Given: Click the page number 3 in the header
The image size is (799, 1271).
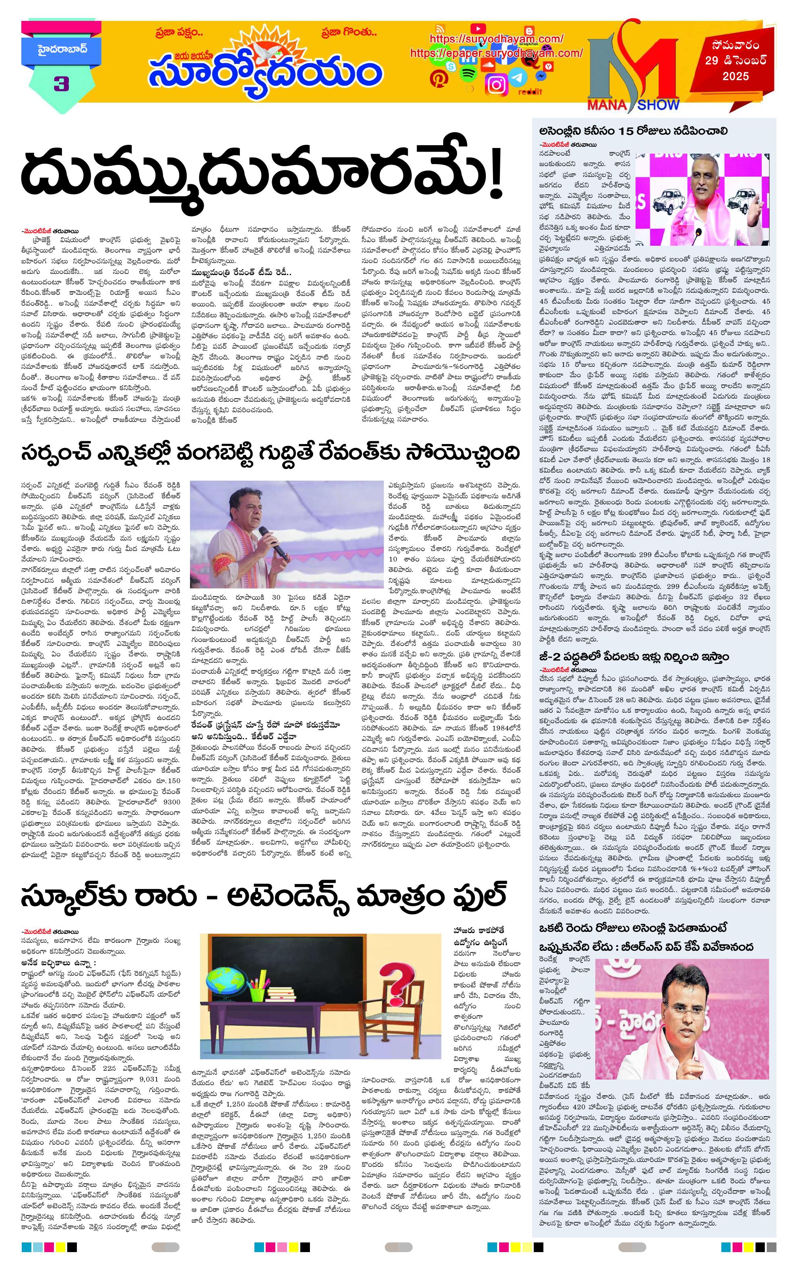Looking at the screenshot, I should click(x=61, y=84).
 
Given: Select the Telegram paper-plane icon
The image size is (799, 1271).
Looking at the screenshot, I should click(x=520, y=77).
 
